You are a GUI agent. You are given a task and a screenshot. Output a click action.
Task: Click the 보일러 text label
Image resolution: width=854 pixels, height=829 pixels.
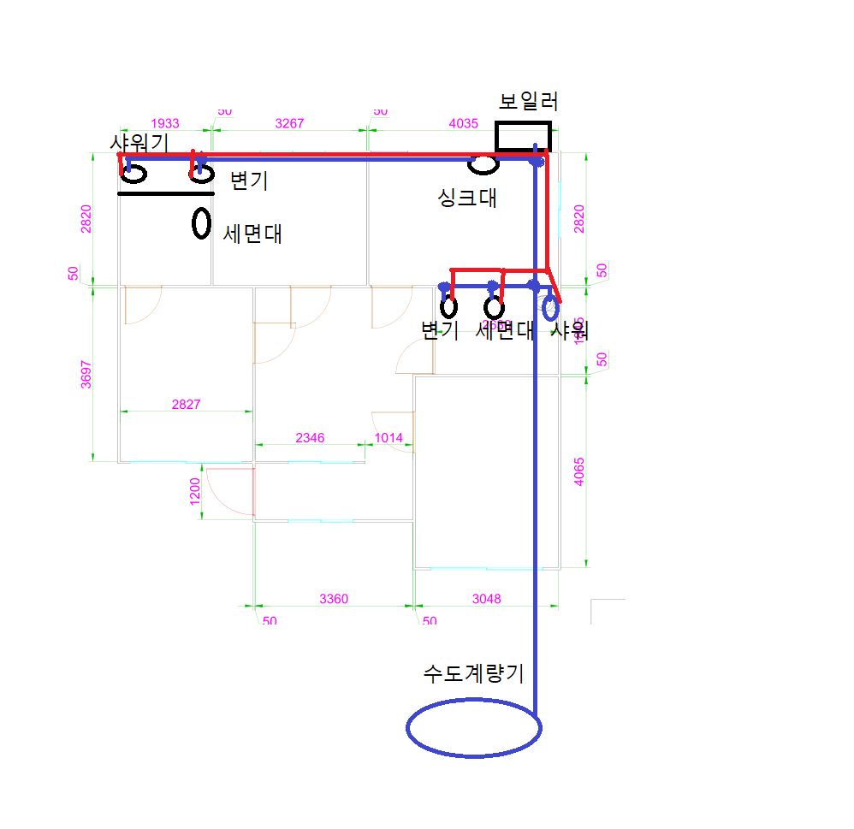coord(528,102)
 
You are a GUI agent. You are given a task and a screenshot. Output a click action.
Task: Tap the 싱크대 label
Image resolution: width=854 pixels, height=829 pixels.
coord(467,198)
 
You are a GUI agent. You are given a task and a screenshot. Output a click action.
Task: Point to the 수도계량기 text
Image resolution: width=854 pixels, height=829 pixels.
coord(473,673)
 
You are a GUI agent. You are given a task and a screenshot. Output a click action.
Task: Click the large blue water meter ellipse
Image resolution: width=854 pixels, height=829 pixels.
coord(473,728)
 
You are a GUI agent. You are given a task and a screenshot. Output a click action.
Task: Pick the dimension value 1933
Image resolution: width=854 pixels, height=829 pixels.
coord(164,123)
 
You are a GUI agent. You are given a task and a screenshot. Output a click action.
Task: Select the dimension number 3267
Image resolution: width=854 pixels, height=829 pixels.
coord(289,123)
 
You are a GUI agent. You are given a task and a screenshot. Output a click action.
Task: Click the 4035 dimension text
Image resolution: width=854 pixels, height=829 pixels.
coord(463,123)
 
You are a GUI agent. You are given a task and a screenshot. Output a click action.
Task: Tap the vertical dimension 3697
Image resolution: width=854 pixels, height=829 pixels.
coord(86,374)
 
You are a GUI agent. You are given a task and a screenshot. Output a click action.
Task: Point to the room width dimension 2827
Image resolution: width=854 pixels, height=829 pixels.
coord(186,404)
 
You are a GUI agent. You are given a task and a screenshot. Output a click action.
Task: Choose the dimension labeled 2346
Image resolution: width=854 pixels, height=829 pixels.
coord(310,438)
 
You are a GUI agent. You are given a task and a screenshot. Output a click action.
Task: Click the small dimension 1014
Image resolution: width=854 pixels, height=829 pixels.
coord(388,438)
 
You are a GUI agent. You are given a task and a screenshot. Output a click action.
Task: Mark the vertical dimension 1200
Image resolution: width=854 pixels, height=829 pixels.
coord(194,491)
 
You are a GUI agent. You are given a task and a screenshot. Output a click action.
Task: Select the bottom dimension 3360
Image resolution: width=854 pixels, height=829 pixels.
coord(334,599)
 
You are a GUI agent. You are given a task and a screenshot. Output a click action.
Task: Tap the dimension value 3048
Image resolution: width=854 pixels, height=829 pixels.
coord(487,599)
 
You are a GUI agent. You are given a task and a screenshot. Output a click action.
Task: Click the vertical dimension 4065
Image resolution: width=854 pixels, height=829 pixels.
coord(579,472)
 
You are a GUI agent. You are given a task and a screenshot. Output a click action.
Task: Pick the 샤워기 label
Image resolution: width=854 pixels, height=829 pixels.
coord(139,142)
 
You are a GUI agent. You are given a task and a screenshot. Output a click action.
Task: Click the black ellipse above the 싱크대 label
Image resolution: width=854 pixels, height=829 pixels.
coord(483,163)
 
